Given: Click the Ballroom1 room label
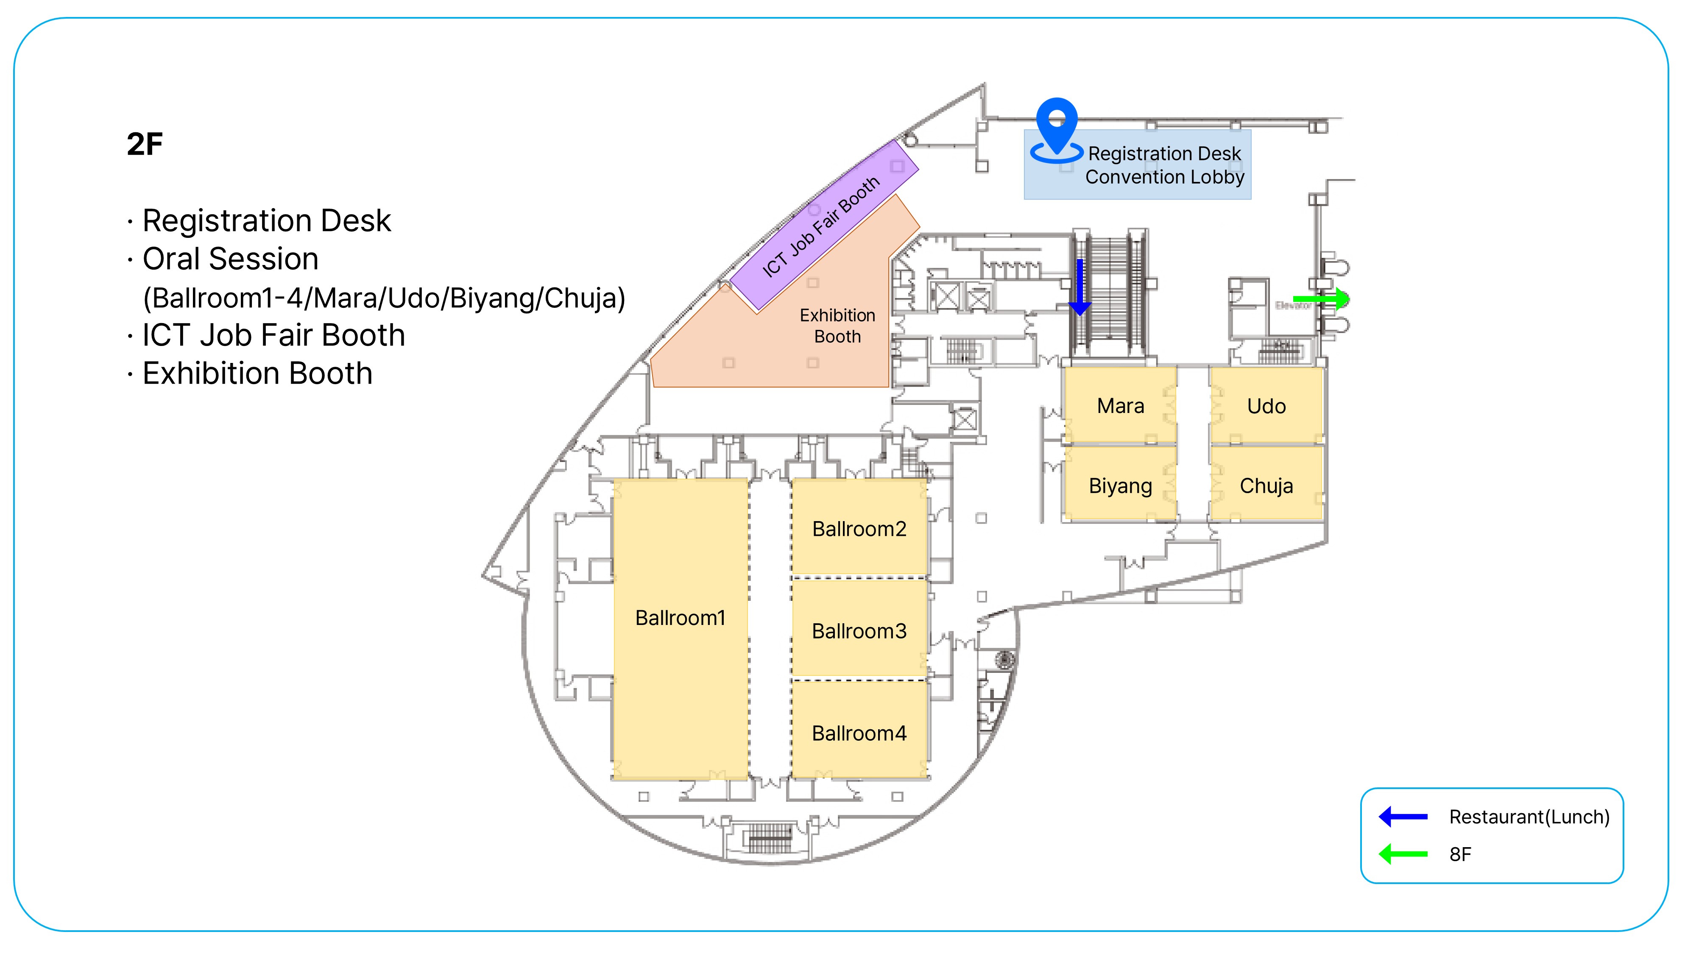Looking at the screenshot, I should pyautogui.click(x=680, y=618).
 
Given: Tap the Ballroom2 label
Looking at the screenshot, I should pyautogui.click(x=859, y=529).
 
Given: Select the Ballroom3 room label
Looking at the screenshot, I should pyautogui.click(x=859, y=631).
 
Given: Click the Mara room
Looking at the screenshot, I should pyautogui.click(x=1121, y=406).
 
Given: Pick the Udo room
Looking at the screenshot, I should pyautogui.click(x=1266, y=406).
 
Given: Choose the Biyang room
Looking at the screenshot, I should pyautogui.click(x=1121, y=486).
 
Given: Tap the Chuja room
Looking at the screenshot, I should pyautogui.click(x=1266, y=486).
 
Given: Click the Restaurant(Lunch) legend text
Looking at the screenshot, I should pyautogui.click(x=1529, y=817).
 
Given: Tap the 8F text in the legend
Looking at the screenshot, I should pyautogui.click(x=1460, y=855).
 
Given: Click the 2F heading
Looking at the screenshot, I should pyautogui.click(x=145, y=144).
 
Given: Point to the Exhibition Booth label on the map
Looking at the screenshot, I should pyautogui.click(x=837, y=326).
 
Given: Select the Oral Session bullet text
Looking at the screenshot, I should pyautogui.click(x=230, y=259).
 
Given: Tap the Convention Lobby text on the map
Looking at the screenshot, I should pyautogui.click(x=1165, y=177).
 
